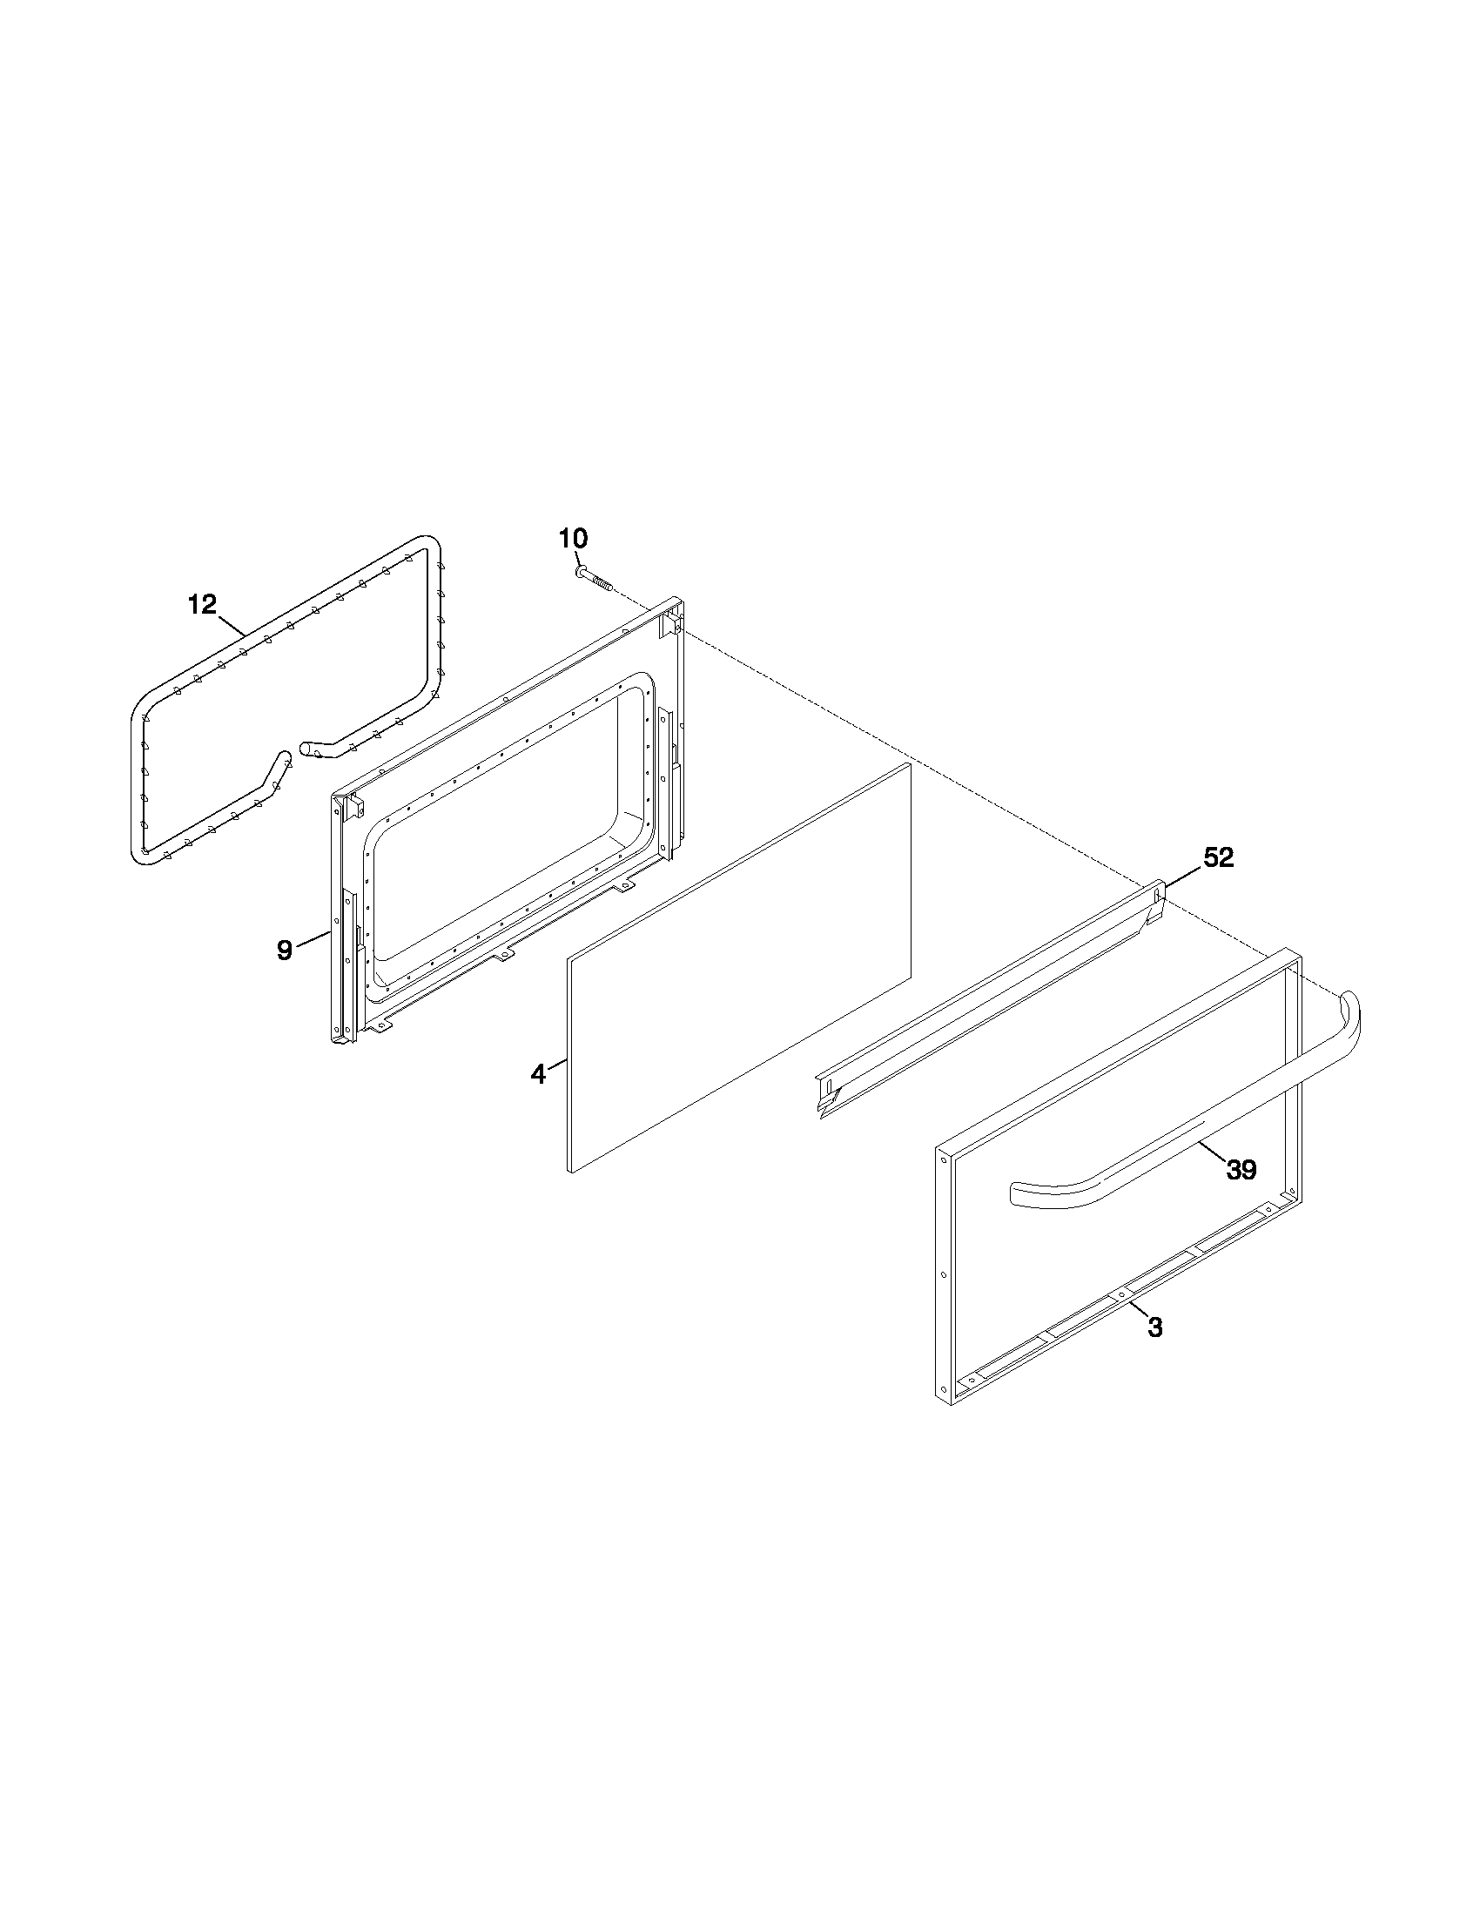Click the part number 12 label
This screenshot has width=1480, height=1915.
[x=201, y=604]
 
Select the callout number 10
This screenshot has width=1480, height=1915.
[x=574, y=538]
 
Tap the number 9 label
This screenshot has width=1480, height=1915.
[x=284, y=950]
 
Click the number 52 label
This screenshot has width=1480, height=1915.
[x=1218, y=857]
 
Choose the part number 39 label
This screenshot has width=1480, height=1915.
[x=1241, y=1169]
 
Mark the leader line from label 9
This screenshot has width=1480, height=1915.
[x=313, y=941]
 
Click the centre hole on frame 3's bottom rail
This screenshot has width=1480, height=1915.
[x=1120, y=1293]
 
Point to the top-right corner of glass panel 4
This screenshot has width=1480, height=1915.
[x=910, y=764]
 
